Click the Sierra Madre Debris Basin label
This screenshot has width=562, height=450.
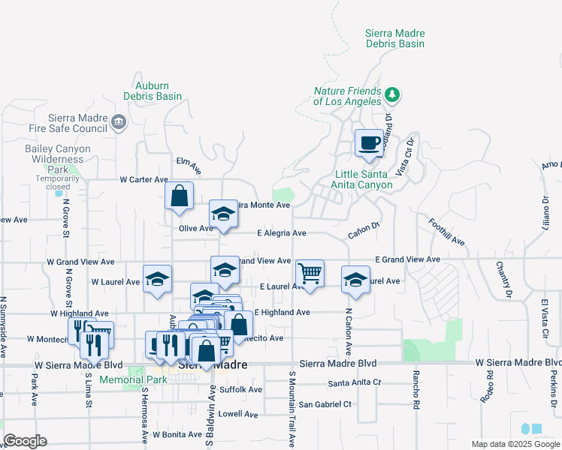tap(394, 38)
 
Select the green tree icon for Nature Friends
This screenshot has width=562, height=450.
tap(391, 94)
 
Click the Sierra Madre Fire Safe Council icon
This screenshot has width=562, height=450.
tap(118, 121)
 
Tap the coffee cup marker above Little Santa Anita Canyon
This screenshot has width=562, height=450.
tap(368, 142)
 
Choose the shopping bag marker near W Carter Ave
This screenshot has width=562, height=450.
tap(180, 196)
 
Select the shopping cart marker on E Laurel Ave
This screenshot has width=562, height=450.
tap(310, 274)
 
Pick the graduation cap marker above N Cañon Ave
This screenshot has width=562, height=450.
tap(355, 280)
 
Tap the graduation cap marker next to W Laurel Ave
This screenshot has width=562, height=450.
tap(157, 280)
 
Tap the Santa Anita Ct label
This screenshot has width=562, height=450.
tap(355, 382)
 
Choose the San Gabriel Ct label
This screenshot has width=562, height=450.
tap(325, 404)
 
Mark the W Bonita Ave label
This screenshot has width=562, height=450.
tap(177, 434)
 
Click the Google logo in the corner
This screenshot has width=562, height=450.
tap(25, 441)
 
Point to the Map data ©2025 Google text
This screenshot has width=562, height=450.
tap(515, 444)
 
